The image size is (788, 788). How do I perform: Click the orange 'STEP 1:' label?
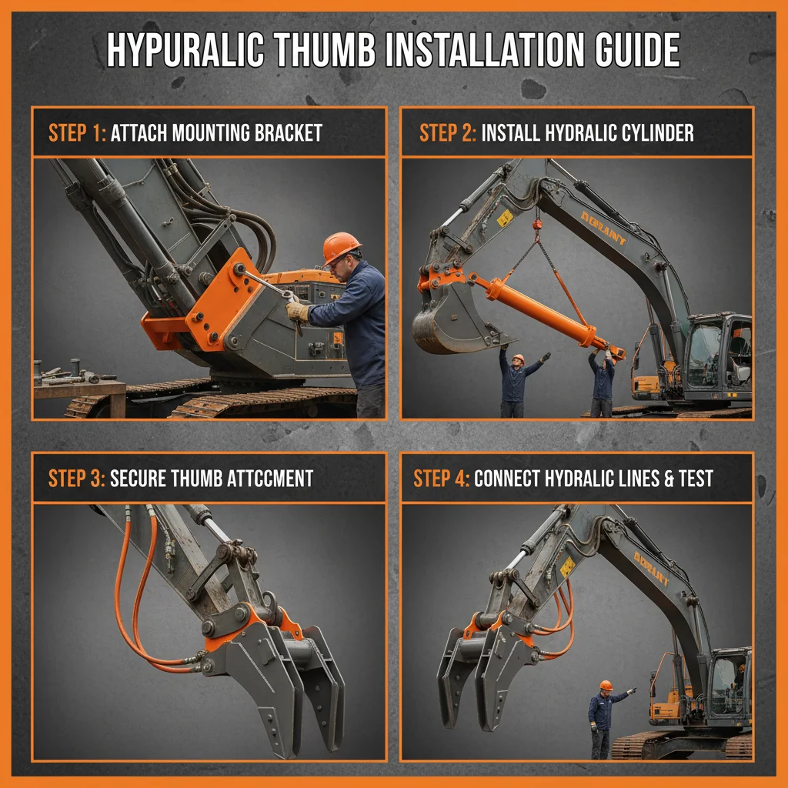click(x=77, y=132)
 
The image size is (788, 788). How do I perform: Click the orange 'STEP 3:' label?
click(x=77, y=478)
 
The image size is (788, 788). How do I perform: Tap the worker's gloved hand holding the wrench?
click(x=297, y=311)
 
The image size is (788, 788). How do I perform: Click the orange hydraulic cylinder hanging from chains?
click(x=539, y=308)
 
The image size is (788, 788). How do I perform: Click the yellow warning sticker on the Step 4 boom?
click(x=568, y=566)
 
